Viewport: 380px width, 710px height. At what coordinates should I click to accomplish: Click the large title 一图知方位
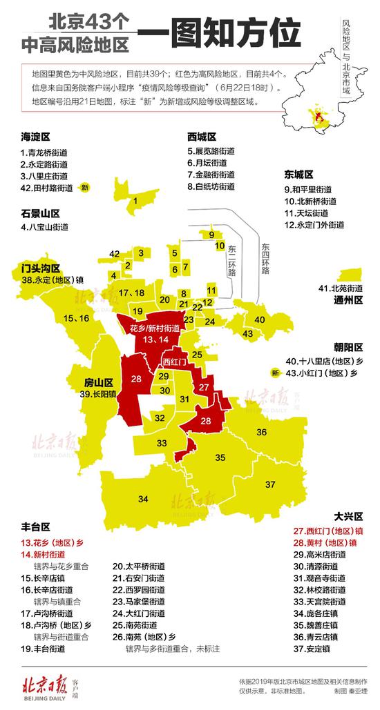pos(220,32)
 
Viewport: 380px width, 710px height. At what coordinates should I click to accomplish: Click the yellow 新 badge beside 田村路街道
pos(85,188)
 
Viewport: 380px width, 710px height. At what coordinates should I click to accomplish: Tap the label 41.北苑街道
pos(341,287)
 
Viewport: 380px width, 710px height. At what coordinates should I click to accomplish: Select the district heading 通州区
pos(348,300)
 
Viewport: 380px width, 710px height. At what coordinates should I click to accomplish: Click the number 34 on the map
pos(143,498)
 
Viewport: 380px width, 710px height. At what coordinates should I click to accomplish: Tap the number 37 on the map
pos(270,482)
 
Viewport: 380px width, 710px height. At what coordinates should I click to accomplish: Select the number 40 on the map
pos(260,319)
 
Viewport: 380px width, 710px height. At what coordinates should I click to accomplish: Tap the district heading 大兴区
pos(348,516)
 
